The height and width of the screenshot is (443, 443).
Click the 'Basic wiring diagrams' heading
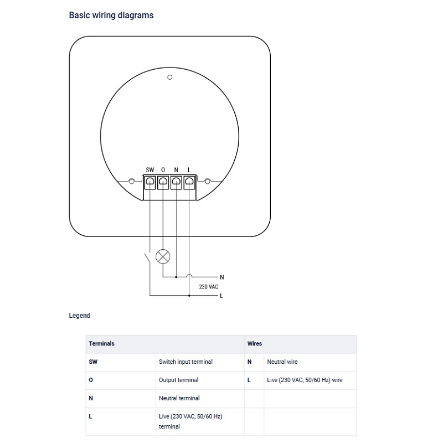click(x=111, y=16)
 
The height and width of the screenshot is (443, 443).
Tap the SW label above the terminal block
click(x=150, y=170)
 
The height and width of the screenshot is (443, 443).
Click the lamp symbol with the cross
click(x=163, y=256)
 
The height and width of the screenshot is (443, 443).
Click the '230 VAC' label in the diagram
click(x=209, y=287)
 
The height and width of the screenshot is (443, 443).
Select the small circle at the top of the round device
click(x=170, y=77)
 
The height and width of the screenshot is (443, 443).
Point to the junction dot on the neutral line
click(x=176, y=277)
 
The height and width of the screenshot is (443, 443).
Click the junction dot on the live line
click(x=189, y=296)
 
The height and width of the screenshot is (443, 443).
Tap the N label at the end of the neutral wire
click(x=222, y=277)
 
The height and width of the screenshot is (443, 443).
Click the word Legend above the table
click(x=79, y=316)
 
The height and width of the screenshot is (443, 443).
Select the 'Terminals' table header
click(x=101, y=343)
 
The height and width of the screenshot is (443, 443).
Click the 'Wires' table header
click(x=255, y=343)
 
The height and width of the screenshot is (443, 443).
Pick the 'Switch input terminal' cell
click(x=186, y=362)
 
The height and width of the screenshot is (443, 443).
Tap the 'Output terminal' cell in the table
click(x=178, y=380)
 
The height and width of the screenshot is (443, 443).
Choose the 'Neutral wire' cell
click(x=282, y=362)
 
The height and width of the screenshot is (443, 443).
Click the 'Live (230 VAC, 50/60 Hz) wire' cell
click(x=305, y=380)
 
